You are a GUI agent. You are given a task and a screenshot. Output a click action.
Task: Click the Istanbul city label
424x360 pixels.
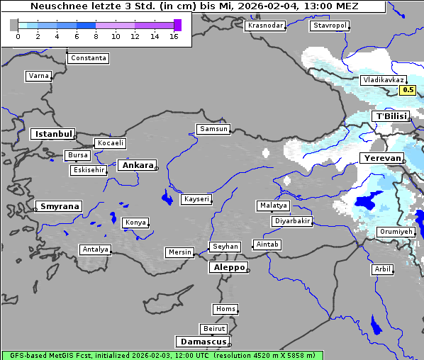[x=52, y=134]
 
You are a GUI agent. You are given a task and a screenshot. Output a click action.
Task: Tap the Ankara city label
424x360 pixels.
[x=137, y=165]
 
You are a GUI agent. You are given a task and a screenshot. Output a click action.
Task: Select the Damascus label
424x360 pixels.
[x=202, y=342]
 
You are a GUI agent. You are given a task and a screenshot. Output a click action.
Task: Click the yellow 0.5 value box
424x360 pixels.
[x=408, y=90]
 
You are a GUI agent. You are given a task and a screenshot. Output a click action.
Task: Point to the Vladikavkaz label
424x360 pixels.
[x=383, y=81]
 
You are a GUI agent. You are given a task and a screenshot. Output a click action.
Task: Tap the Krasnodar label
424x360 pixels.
[x=265, y=26]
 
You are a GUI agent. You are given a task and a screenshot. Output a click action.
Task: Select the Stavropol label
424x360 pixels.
[x=330, y=26]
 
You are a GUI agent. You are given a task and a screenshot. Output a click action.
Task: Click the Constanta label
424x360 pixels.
[x=89, y=58]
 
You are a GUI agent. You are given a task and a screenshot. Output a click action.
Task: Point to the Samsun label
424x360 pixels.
[x=213, y=129]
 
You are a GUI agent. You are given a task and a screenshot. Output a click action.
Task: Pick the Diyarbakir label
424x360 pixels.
[x=291, y=221]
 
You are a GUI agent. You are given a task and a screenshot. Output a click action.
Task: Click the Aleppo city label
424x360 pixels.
[x=228, y=267]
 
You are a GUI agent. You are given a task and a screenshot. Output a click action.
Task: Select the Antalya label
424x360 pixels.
[x=95, y=249]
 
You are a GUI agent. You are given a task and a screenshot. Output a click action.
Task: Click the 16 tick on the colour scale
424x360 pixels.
[x=174, y=37]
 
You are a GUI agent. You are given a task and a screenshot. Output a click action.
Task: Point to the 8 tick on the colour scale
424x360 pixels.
[x=96, y=37]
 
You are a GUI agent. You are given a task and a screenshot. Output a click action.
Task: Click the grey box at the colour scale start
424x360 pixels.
[x=13, y=26]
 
